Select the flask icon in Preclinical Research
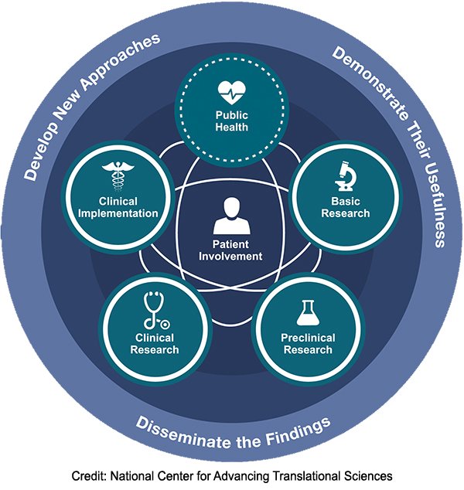point(307,313)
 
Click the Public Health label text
point(232,121)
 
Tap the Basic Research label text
point(346,208)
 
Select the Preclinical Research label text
point(307,344)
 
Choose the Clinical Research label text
point(155,344)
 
